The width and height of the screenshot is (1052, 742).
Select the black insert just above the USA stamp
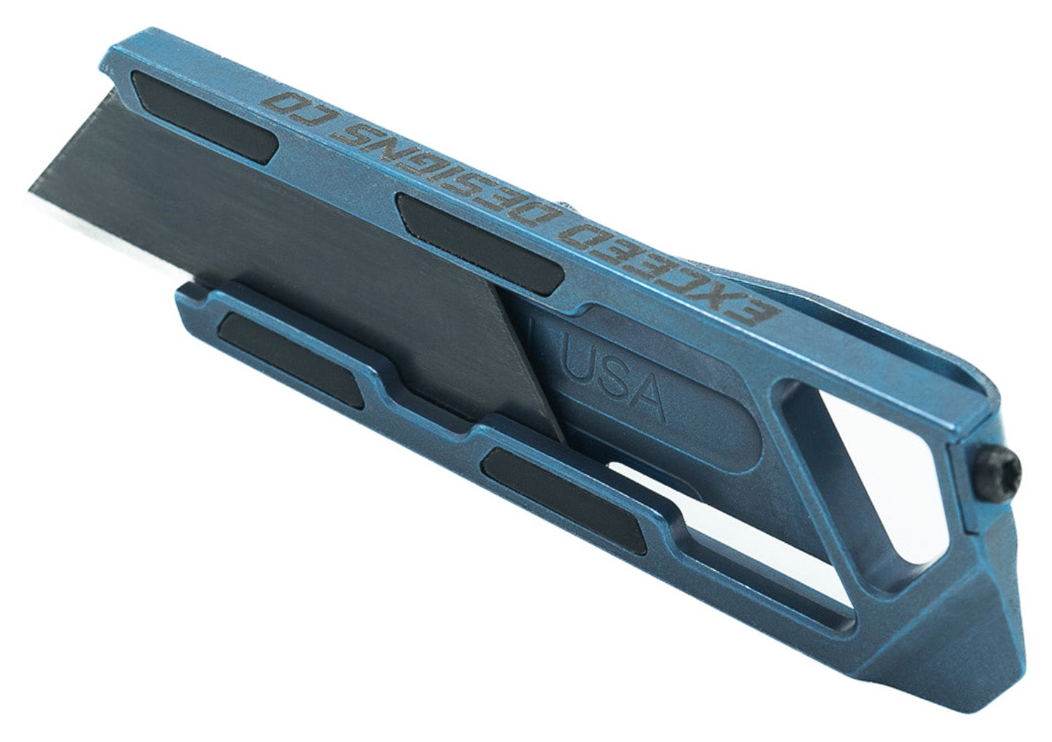coord(480,243)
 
